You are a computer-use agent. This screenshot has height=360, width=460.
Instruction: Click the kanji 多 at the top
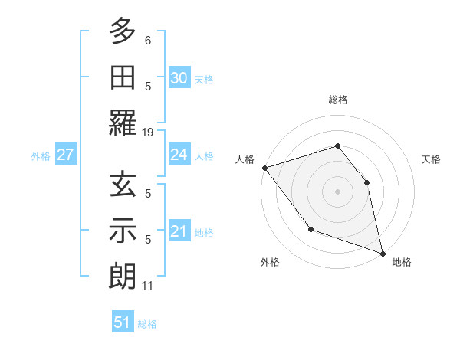[x=123, y=31]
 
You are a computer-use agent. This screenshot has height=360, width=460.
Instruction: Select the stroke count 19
[x=148, y=132]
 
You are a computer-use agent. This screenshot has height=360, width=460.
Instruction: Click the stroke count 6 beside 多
[x=148, y=41]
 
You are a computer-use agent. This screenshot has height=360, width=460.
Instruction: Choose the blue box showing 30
[x=179, y=77]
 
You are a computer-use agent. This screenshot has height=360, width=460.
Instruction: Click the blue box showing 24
[x=179, y=155]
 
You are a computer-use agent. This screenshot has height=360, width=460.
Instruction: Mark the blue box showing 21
[x=179, y=231]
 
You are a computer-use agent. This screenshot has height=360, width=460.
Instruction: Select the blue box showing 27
[x=65, y=155]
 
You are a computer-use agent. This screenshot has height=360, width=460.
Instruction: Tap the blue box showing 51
[x=122, y=322]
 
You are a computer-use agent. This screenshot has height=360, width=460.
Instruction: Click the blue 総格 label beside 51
[x=147, y=324]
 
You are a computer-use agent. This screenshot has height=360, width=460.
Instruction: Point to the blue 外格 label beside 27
[x=41, y=156]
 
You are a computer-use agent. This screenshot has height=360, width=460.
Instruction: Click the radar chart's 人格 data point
[x=264, y=167]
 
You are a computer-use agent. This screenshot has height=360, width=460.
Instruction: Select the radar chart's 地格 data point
[x=382, y=252]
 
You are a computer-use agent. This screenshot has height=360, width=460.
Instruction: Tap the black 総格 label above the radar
[x=338, y=100]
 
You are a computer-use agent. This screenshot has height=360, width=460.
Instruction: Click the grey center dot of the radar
[x=337, y=191]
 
